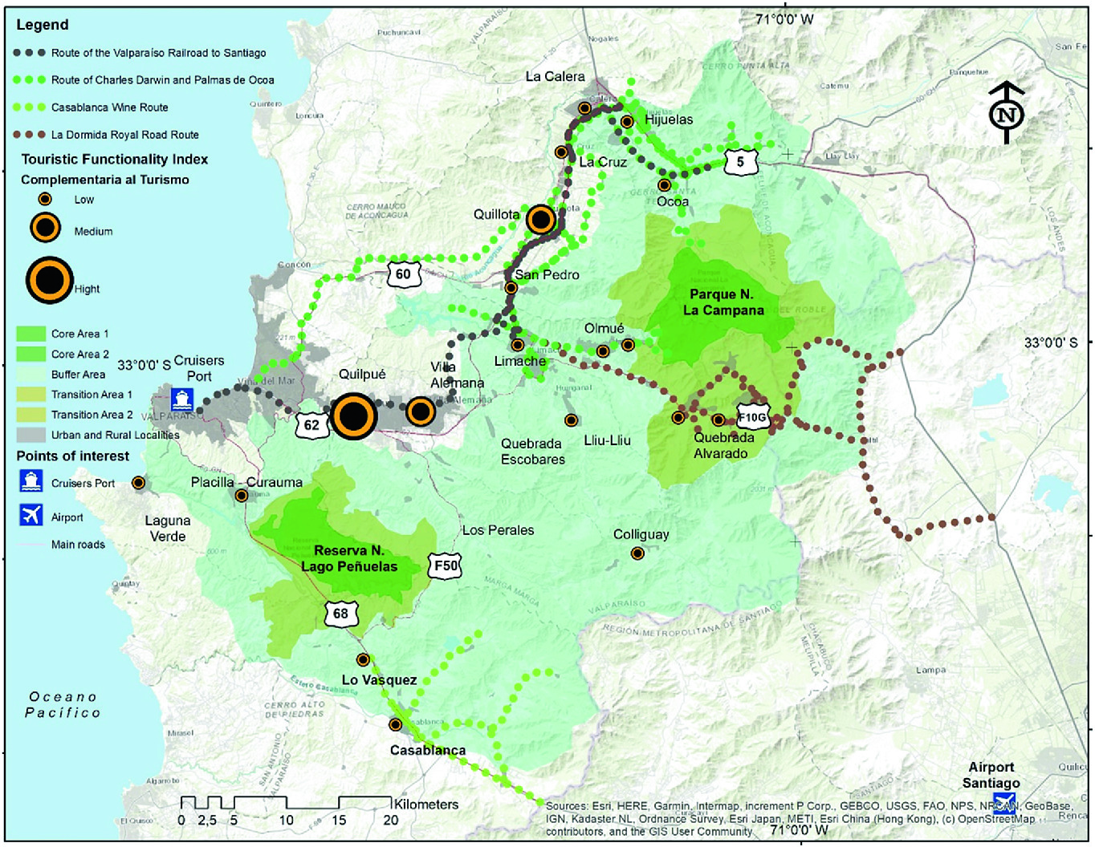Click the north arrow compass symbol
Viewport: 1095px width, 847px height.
point(1006,113)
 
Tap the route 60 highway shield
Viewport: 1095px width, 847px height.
point(403,274)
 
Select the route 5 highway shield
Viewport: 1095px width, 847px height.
point(740,161)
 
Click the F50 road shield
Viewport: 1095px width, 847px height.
point(446,565)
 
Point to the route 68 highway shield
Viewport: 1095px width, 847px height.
point(340,614)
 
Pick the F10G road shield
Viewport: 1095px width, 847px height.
point(753,417)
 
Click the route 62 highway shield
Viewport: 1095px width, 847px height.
point(311,425)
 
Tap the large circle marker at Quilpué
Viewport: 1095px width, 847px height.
point(354,416)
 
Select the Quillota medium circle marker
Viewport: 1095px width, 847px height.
point(541,219)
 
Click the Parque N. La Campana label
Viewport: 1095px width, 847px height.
point(723,302)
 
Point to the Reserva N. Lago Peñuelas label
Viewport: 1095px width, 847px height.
point(349,558)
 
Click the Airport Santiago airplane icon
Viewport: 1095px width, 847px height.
point(1003,802)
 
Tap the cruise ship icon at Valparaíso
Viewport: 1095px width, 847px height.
point(182,398)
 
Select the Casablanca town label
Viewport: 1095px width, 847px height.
point(427,751)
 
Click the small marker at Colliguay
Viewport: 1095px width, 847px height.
point(637,553)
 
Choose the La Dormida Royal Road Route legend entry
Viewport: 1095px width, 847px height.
point(124,135)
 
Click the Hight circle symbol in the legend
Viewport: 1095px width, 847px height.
point(50,281)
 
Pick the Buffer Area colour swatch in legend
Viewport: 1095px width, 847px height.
point(31,374)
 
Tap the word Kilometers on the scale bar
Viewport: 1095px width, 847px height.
point(426,804)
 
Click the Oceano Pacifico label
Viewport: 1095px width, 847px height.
point(63,704)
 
